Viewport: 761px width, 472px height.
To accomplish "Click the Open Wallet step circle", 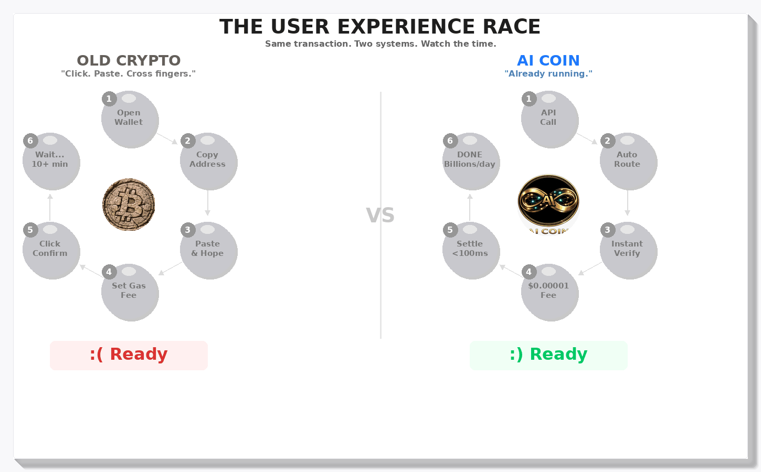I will pos(130,120).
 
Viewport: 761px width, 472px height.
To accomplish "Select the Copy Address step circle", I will pos(208,162).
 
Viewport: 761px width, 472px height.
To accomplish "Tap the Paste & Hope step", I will pos(208,251).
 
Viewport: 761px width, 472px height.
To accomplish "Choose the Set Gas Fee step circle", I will pos(130,293).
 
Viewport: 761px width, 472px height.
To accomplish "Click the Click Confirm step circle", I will pos(51,251).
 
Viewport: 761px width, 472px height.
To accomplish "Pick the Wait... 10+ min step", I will pos(51,162).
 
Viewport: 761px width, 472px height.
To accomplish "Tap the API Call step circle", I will pos(549,120).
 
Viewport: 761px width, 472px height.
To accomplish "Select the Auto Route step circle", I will pos(628,162).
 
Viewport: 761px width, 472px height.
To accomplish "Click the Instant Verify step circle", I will pos(628,251).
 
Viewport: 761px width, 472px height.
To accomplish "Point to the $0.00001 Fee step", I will pos(549,293).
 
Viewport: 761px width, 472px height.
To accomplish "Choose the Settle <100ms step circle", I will pos(471,251).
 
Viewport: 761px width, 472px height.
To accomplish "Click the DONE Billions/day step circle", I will pos(471,162).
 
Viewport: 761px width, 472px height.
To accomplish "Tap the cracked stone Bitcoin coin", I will pos(129,205).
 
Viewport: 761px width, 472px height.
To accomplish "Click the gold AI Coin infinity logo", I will pos(548,202).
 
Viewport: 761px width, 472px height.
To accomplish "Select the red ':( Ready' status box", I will pos(129,355).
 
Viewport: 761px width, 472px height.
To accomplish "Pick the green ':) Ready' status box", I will pos(548,355).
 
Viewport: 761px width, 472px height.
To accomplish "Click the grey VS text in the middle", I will pos(380,216).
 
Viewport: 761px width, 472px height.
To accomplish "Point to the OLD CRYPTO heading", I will pos(129,61).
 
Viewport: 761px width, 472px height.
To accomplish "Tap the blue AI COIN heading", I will pos(548,61).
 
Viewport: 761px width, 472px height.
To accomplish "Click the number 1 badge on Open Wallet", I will pos(109,99).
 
